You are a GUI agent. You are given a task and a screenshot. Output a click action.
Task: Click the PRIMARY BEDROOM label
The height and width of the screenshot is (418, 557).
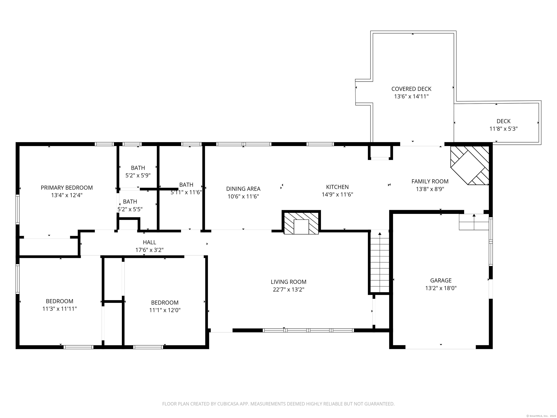coord(67,188)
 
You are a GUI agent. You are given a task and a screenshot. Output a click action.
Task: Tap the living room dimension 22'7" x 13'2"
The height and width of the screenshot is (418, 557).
coord(289,290)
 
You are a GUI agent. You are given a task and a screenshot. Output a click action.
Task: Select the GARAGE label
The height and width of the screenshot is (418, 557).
coord(441,280)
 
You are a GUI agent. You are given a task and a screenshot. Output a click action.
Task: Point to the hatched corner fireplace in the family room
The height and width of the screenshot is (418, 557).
coord(470,165)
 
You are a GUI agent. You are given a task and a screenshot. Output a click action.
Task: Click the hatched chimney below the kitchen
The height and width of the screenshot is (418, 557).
coord(301,223)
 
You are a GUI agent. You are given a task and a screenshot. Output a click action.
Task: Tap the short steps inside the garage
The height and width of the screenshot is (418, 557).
coord(474,222)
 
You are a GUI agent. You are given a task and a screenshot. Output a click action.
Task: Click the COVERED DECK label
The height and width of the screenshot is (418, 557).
coord(411,89)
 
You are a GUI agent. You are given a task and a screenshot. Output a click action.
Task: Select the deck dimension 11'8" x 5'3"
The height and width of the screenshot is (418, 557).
coord(503,129)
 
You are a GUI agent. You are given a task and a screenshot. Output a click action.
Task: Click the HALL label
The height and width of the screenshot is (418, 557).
coord(149,242)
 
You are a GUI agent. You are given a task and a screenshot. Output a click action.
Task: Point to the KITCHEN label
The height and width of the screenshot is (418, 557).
coord(337,187)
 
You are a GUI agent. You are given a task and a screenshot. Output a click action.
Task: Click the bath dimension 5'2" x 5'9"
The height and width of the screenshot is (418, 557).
coord(138,175)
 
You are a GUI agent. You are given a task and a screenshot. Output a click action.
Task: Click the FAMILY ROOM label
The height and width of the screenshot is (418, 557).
coord(430,181)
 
